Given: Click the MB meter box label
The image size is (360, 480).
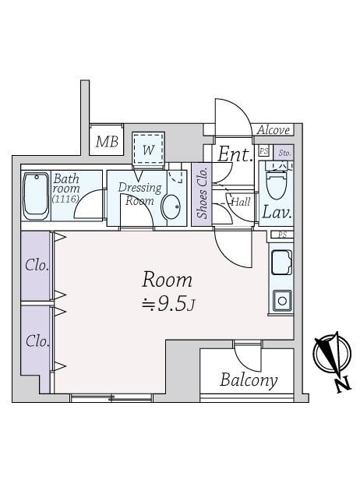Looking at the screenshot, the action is (x=107, y=142).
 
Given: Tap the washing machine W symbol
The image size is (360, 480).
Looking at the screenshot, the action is (x=149, y=150).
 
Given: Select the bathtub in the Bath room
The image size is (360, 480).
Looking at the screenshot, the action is (x=36, y=196).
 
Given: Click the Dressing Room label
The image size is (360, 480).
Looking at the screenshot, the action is (x=140, y=194).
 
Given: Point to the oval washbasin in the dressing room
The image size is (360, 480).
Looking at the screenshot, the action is (x=171, y=207).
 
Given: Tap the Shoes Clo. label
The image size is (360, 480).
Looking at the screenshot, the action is (x=203, y=193).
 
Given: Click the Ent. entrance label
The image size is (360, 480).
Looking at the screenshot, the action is (x=235, y=154).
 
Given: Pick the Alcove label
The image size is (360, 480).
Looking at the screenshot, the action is (x=274, y=130).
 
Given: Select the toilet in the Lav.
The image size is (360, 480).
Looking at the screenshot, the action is (x=277, y=182).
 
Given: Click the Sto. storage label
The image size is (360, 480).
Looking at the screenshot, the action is (x=284, y=153).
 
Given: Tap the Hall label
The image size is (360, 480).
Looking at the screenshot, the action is (x=242, y=202).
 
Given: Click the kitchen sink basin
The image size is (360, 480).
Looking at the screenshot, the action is (x=281, y=263).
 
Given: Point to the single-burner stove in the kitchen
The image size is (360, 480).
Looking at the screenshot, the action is (x=282, y=301).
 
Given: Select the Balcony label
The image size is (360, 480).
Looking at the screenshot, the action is (x=249, y=380).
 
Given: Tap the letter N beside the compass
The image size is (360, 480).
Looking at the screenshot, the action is (x=344, y=386).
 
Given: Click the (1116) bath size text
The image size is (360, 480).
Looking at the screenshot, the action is (x=65, y=199).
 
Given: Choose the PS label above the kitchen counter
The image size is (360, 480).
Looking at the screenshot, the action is (x=283, y=235).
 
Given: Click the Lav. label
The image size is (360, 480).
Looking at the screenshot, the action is (x=277, y=212).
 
